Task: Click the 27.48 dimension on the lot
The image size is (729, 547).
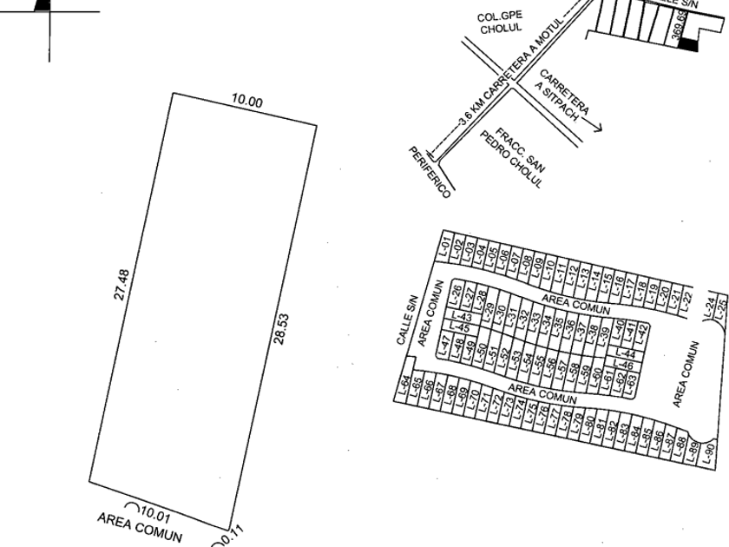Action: (x=124, y=285)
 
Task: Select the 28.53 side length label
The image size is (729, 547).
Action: (x=280, y=329)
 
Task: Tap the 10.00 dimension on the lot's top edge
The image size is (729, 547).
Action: (x=246, y=102)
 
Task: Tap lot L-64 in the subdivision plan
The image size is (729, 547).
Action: (x=404, y=387)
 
